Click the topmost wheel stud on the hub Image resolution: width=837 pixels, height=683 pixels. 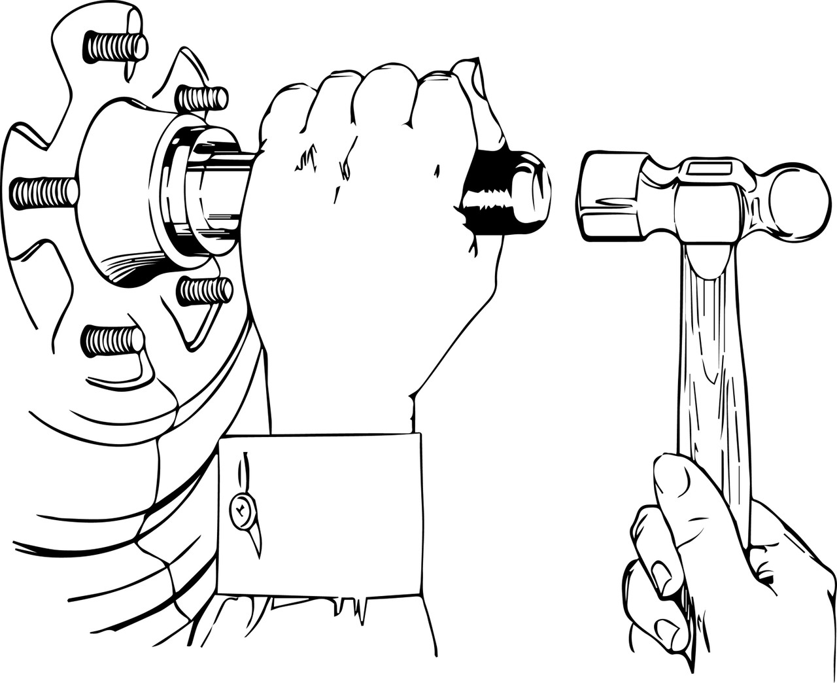click(115, 46)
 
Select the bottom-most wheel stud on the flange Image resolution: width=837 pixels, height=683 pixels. click(113, 341)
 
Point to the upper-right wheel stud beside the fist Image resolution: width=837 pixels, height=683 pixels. click(202, 99)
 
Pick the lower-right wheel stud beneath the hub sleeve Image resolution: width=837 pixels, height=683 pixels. click(205, 290)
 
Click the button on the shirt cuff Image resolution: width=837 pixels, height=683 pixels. click(241, 509)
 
